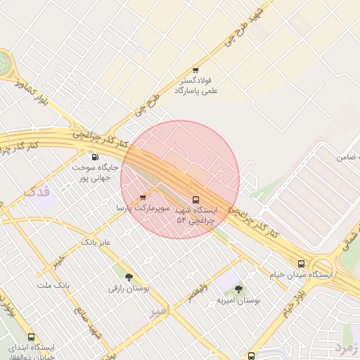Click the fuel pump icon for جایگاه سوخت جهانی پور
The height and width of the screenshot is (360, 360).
(x=95, y=157)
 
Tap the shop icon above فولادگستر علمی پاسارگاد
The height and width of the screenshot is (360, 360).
(x=195, y=70)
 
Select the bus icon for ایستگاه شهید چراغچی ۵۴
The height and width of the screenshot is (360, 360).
(x=195, y=199)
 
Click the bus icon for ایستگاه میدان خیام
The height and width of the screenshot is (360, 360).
(x=301, y=264)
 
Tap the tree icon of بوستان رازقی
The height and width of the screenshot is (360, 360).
(x=128, y=277)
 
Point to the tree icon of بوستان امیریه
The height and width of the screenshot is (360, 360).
(x=238, y=289)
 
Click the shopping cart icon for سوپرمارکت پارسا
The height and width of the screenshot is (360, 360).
(x=143, y=198)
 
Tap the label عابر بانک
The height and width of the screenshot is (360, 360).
(x=97, y=242)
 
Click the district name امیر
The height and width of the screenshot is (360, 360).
(x=160, y=310)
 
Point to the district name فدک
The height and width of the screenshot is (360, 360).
(x=38, y=191)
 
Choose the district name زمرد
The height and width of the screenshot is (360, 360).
(x=347, y=347)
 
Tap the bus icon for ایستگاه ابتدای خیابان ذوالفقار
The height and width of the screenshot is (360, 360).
(x=30, y=337)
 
